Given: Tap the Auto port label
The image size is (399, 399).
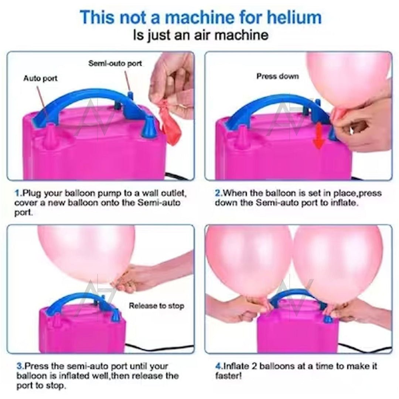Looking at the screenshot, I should click(x=40, y=78).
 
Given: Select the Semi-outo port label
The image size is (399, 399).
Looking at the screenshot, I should click(x=115, y=64).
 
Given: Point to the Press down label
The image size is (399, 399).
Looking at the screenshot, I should click(x=277, y=76).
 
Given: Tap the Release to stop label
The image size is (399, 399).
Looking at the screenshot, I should click(x=156, y=306).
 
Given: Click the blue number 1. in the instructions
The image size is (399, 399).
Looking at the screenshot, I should click(x=18, y=193).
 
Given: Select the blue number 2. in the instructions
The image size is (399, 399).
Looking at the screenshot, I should click(x=219, y=193).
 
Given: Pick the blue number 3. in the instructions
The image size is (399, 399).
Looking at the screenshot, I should click(x=20, y=366).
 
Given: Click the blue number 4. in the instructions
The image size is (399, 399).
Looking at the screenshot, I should click(x=219, y=366).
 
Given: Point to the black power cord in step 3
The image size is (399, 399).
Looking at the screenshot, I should click(x=159, y=348).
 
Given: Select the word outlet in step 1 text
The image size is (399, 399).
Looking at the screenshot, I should click(x=174, y=193).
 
